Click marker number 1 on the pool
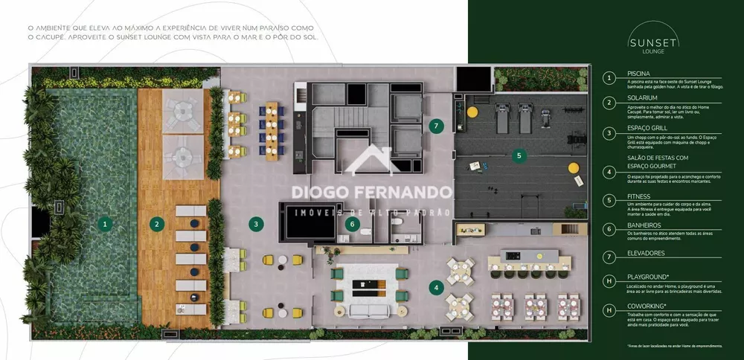point(106,222)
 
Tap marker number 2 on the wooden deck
point(156,222)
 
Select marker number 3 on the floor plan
point(255,222)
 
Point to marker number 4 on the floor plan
point(437,286)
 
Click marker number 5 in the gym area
point(520,156)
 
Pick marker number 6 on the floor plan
point(354,222)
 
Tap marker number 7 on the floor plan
point(437,125)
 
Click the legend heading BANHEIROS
point(644,225)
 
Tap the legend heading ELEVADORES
point(647,254)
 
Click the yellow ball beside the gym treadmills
point(472,112)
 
